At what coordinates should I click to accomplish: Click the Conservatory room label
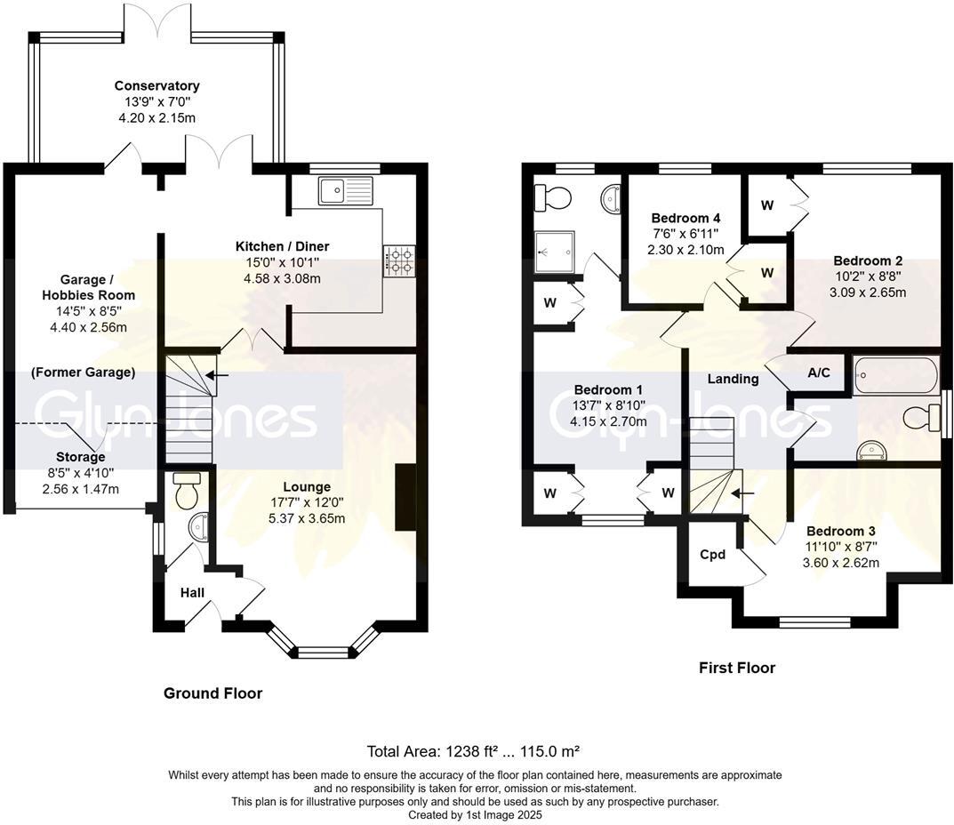click(x=156, y=86)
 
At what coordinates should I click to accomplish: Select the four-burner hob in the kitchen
click(x=397, y=260)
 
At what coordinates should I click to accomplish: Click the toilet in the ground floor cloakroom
click(x=187, y=492)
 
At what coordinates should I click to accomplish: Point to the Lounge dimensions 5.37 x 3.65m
click(x=308, y=518)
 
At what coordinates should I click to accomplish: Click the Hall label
click(x=192, y=592)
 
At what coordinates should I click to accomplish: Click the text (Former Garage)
click(x=83, y=372)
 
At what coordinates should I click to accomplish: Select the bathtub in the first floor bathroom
click(x=895, y=375)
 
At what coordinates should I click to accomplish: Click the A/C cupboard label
click(x=819, y=372)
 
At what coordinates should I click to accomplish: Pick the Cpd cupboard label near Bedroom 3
click(x=712, y=555)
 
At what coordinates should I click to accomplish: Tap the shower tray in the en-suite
click(x=555, y=250)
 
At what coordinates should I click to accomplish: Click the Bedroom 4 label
click(x=685, y=218)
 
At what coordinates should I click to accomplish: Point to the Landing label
click(x=733, y=379)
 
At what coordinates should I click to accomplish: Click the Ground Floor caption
click(x=212, y=693)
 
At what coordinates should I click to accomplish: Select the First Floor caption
click(x=736, y=668)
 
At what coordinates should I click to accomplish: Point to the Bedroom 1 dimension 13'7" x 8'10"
click(x=608, y=405)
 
